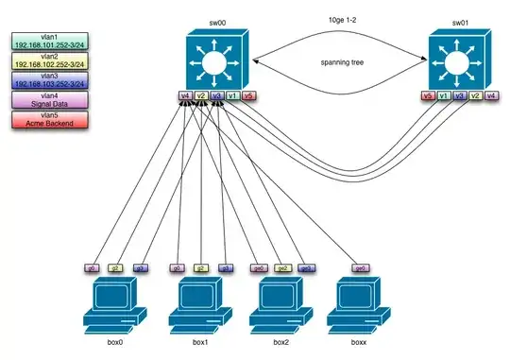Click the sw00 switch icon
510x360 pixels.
click(215, 58)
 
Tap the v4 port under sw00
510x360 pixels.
click(185, 95)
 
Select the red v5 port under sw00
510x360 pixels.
click(248, 95)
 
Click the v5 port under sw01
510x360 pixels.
click(428, 95)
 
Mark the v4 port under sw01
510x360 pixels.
click(491, 95)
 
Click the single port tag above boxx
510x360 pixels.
click(360, 268)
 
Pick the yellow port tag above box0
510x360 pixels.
click(115, 268)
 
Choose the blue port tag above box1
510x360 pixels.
click(225, 268)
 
